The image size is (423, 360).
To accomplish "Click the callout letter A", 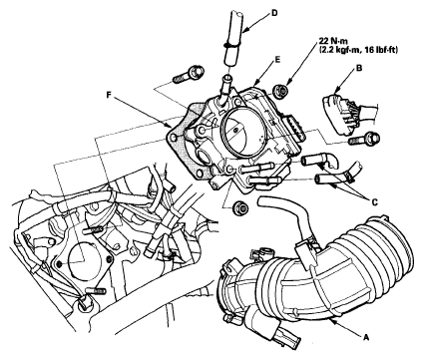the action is [366, 338].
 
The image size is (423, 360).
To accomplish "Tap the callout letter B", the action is [359, 69].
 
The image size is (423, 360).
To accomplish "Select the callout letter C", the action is [375, 201].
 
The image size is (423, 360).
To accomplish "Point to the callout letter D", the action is [274, 13].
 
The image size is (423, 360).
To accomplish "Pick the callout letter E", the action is [277, 60].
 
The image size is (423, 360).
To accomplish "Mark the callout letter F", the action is [109, 95].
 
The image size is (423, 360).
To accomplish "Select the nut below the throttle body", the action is [239, 208].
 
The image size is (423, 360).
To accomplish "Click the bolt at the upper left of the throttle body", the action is [189, 75].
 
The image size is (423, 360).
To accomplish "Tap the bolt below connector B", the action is [362, 139].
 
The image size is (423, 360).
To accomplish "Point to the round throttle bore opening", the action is [242, 132].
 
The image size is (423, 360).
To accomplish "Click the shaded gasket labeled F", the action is [182, 140].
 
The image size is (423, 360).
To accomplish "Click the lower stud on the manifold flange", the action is [96, 291].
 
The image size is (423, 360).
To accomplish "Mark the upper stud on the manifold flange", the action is [94, 230].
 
